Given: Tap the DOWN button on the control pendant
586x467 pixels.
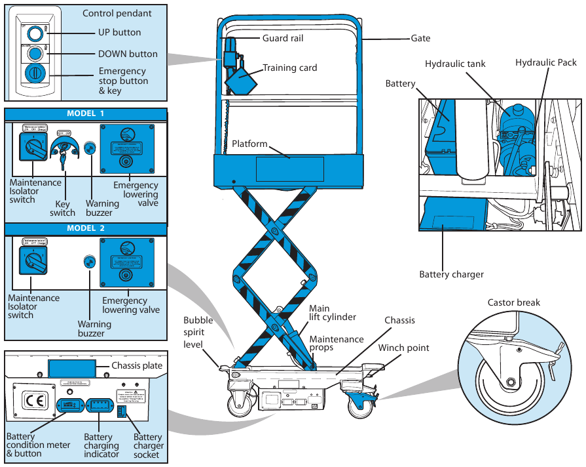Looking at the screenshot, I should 35,52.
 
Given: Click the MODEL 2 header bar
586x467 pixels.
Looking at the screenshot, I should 86,228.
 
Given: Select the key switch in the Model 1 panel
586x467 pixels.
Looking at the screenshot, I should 64,150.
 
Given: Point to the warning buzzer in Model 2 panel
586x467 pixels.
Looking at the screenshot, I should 86,261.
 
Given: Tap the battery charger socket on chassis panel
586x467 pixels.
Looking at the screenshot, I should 121,411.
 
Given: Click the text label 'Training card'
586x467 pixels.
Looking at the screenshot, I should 289,68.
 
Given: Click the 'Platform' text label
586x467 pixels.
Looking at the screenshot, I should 249,144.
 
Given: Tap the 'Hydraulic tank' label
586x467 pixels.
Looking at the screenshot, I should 455,64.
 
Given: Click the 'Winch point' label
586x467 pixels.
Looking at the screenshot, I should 403,348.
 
